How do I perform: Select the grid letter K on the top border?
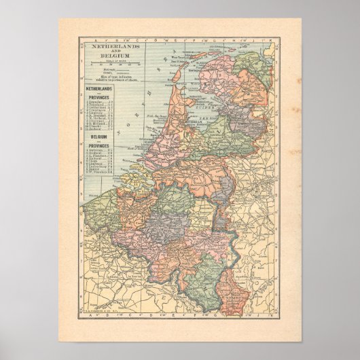[x=269, y=41]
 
